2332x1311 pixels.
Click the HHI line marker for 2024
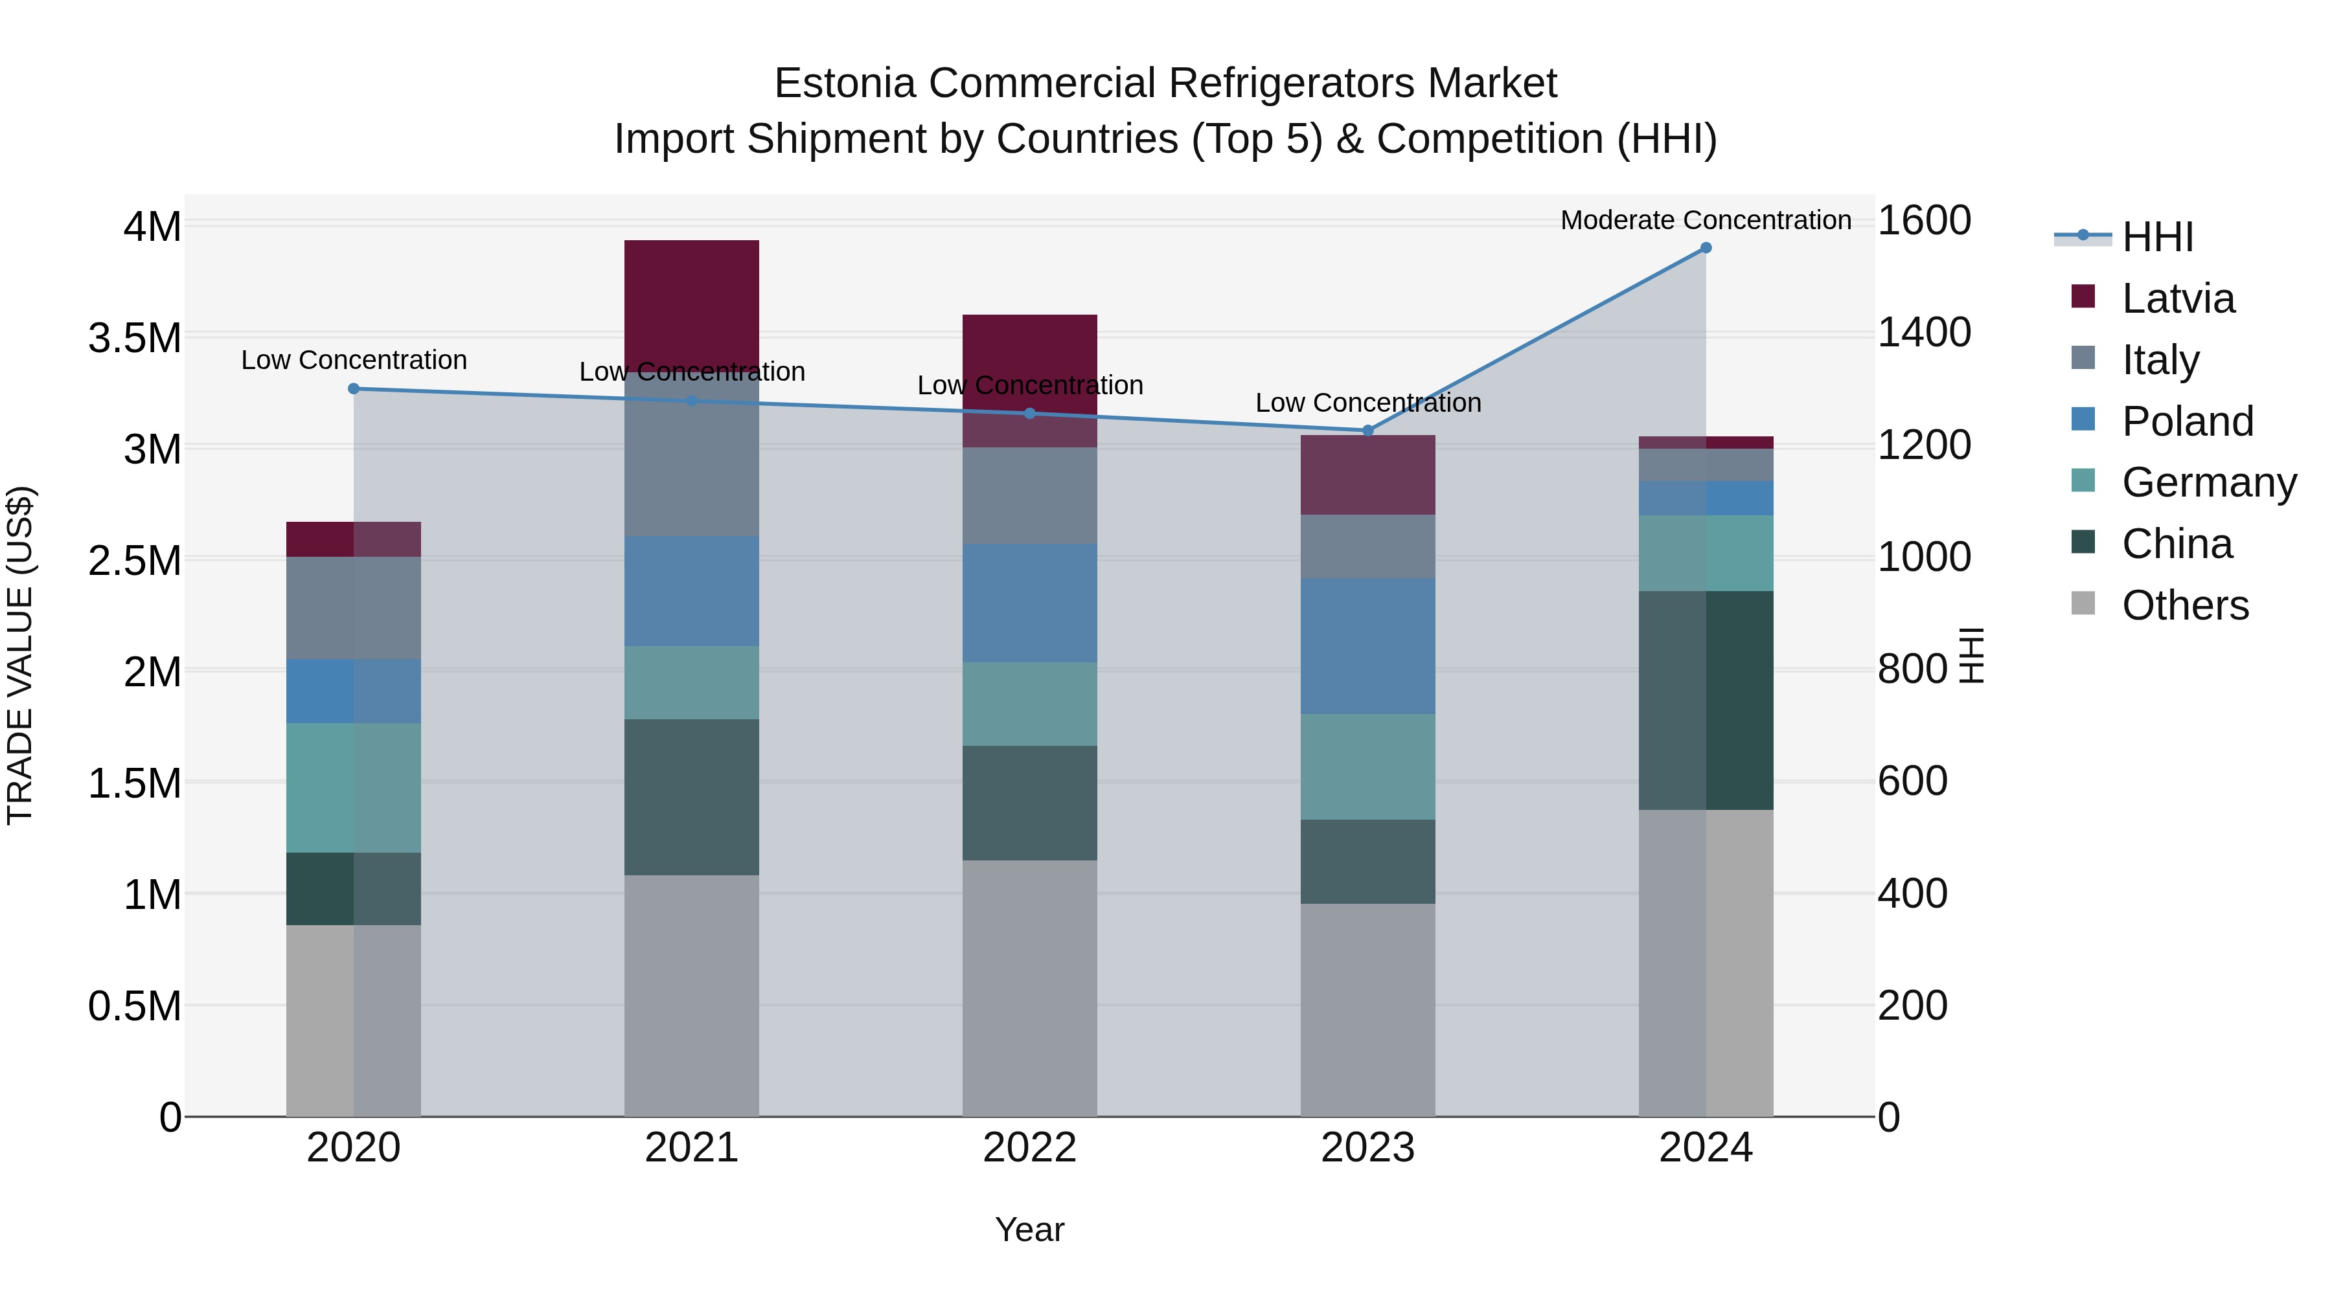(1706, 247)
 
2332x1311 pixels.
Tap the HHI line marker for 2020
(354, 389)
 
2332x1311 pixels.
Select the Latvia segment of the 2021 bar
(692, 298)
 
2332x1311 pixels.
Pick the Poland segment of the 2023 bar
(1368, 646)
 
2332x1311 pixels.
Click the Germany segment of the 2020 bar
(354, 787)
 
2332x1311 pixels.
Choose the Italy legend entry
(2159, 359)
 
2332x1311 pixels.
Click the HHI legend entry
(2156, 237)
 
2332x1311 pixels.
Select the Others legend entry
(2184, 605)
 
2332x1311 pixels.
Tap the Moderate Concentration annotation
(1706, 220)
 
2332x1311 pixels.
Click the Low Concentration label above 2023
(1368, 403)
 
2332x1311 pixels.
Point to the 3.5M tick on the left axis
(134, 339)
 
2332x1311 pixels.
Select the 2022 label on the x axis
(1029, 1147)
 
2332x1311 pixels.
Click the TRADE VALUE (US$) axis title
(20, 655)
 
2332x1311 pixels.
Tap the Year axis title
(1029, 1229)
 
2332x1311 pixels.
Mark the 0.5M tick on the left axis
(134, 1006)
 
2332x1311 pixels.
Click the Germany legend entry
(2209, 482)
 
